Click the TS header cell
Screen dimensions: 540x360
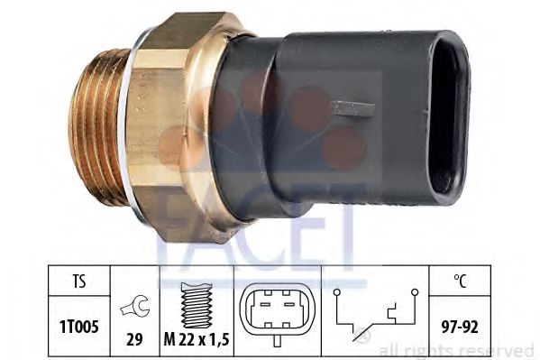pyautogui.click(x=78, y=281)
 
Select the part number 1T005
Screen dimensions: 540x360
pyautogui.click(x=78, y=327)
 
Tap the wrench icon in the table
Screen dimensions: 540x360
pyautogui.click(x=134, y=306)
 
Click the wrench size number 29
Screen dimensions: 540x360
pyautogui.click(x=134, y=339)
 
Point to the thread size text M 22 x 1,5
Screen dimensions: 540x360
pyautogui.click(x=197, y=340)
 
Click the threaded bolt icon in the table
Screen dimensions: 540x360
pyautogui.click(x=196, y=305)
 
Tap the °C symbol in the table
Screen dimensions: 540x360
pyautogui.click(x=460, y=281)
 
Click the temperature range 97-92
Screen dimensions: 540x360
pyautogui.click(x=460, y=327)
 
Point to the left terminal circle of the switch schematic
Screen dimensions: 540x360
pyautogui.click(x=337, y=292)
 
